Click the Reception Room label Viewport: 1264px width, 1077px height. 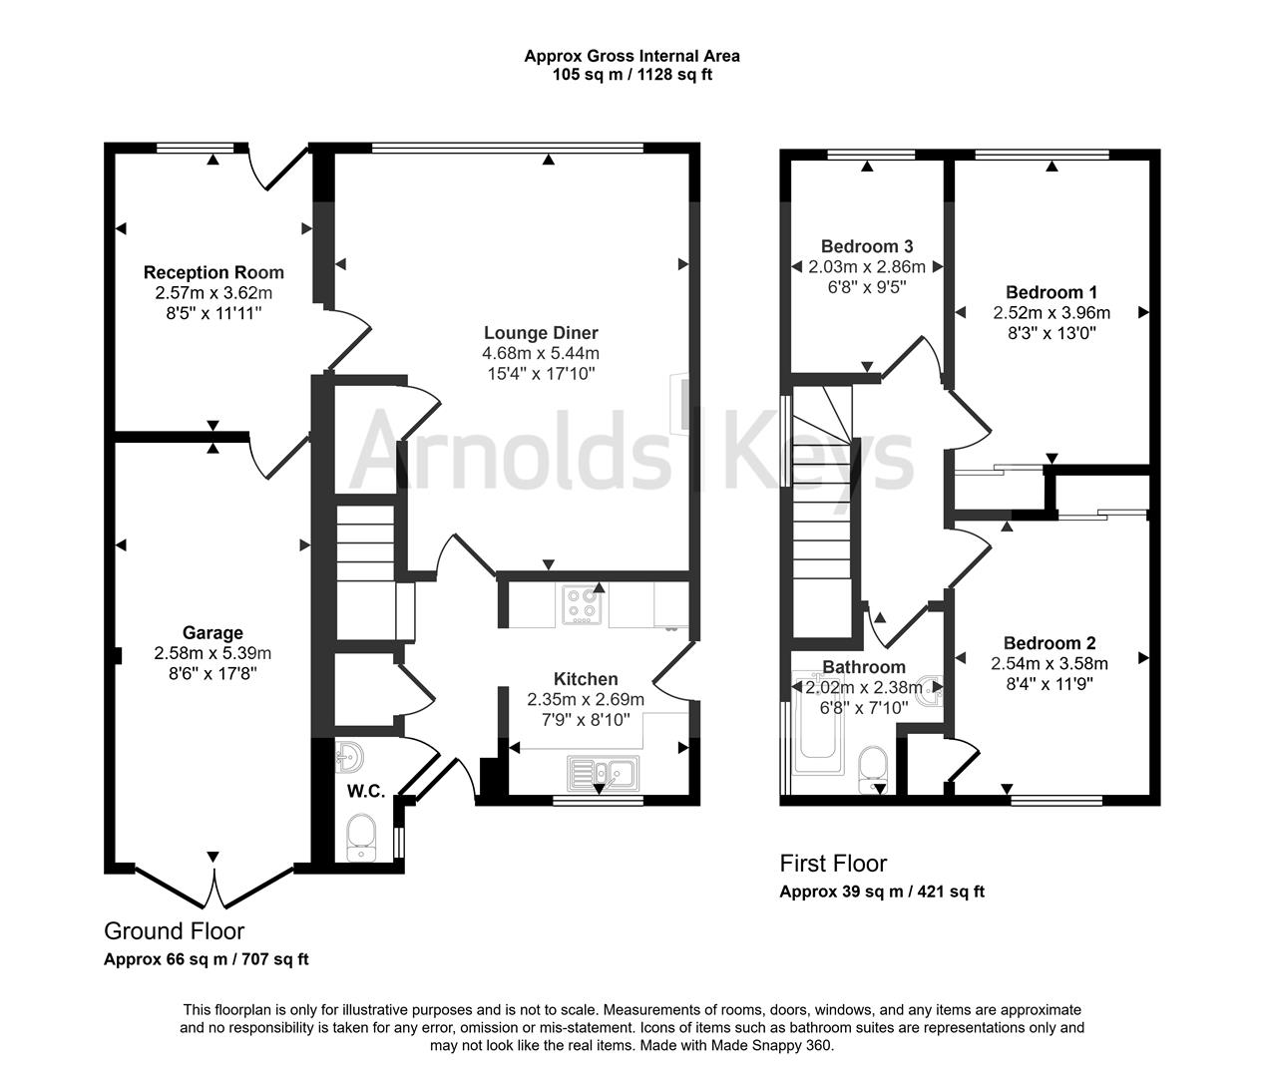213,272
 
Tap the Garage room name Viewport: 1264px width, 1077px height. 212,632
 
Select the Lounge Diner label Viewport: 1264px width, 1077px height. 541,332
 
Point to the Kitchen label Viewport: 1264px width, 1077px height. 586,678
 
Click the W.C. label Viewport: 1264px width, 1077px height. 366,792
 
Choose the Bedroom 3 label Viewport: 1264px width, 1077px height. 867,246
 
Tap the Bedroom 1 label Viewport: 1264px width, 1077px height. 1052,291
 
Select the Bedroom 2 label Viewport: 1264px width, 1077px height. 1050,642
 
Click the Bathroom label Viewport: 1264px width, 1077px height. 864,667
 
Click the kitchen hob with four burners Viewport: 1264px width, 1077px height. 583,604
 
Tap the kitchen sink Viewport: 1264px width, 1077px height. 603,773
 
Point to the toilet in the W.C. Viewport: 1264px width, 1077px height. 362,837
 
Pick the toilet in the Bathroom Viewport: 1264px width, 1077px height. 873,770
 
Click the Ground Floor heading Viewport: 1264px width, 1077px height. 174,931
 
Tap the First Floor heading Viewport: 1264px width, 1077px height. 833,863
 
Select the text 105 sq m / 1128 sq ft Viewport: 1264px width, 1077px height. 632,75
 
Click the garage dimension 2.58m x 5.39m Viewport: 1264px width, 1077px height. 212,653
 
